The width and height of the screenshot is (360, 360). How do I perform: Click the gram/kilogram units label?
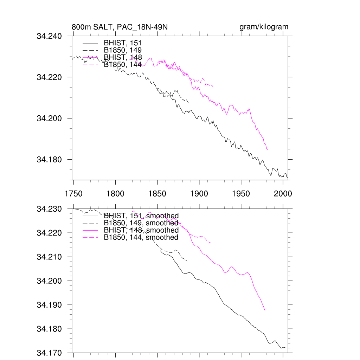point(264,27)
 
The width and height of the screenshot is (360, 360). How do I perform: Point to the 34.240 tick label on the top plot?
point(49,36)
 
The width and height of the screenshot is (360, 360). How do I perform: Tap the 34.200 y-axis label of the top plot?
point(49,118)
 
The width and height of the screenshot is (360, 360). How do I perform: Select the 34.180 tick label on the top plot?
point(49,160)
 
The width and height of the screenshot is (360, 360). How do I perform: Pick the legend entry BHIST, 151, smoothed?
point(141,216)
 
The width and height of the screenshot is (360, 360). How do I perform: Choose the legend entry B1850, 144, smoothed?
point(141,237)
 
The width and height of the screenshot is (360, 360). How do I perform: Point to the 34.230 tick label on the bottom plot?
point(49,209)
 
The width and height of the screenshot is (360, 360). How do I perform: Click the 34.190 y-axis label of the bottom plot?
point(49,305)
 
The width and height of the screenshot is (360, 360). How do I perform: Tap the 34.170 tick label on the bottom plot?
point(49,353)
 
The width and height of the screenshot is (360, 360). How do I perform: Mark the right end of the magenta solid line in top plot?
point(268,150)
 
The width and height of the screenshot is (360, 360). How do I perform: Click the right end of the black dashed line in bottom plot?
point(187,261)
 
